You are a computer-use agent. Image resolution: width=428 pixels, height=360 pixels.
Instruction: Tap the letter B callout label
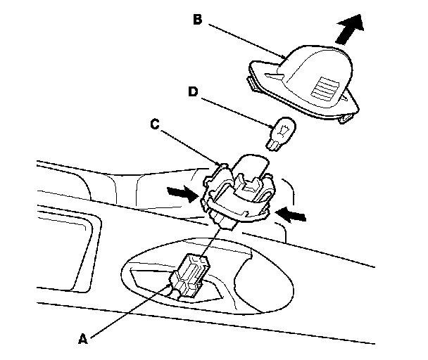click(199, 20)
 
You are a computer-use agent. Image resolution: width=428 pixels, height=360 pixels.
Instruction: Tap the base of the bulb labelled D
click(273, 143)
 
